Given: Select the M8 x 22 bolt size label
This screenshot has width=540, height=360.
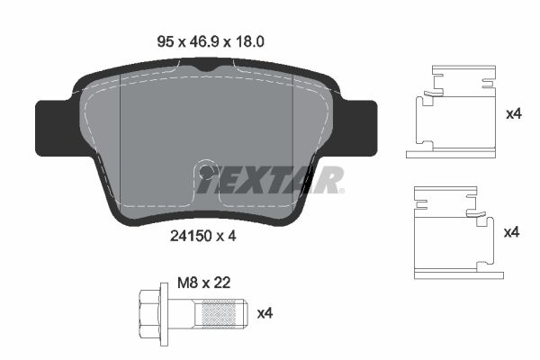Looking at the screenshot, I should (x=202, y=282).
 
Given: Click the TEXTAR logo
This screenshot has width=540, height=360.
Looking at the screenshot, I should (x=270, y=180).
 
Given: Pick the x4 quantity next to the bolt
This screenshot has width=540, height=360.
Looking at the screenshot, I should (x=265, y=313).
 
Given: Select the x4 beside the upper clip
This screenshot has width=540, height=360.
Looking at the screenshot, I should (x=513, y=114).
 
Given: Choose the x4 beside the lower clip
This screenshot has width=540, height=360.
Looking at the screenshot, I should (x=513, y=232).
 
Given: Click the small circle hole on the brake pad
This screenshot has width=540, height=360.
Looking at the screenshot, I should (x=206, y=171).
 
